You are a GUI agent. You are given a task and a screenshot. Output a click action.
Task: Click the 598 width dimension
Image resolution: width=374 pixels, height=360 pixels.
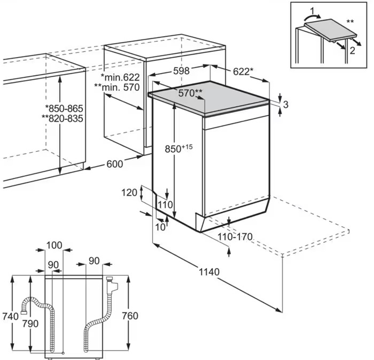[x=181, y=71]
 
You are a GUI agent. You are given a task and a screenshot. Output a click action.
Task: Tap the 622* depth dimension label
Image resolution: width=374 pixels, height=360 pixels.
[x=243, y=72]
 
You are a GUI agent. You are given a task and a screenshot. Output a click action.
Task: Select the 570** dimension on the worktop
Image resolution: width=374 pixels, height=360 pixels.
[x=190, y=93]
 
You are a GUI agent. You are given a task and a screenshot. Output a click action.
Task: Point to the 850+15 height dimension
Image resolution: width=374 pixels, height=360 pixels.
[x=179, y=148]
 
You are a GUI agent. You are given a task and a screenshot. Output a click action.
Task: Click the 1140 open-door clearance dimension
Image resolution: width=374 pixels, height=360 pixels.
[x=209, y=272]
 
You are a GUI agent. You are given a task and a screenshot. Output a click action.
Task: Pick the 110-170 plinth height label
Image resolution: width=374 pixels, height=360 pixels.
[x=235, y=237]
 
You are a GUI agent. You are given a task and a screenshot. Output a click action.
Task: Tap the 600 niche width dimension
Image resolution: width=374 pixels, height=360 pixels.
[x=115, y=164]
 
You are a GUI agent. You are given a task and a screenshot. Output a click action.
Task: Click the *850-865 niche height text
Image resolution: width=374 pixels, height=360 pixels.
[x=64, y=108]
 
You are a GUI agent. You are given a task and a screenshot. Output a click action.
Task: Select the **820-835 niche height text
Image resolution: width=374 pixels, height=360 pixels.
[x=62, y=118]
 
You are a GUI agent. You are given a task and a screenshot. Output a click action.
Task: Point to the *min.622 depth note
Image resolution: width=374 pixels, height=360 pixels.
[x=120, y=77]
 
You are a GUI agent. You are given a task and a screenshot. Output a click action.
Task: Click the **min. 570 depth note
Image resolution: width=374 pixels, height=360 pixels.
[x=117, y=88]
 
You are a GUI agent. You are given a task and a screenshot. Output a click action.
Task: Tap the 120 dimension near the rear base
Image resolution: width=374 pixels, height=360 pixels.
[x=129, y=193]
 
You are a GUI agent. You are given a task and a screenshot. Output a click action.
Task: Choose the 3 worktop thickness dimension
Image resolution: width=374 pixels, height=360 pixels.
[x=286, y=104]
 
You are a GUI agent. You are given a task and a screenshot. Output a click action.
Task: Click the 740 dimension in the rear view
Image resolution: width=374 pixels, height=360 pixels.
[x=10, y=316]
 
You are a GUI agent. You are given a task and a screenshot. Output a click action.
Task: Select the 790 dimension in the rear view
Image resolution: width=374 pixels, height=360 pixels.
[x=30, y=324]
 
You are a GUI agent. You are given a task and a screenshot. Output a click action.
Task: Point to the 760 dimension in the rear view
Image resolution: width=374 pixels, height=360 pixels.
[x=130, y=316]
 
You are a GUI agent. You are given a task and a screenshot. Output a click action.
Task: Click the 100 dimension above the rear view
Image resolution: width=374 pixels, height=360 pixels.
[x=55, y=245]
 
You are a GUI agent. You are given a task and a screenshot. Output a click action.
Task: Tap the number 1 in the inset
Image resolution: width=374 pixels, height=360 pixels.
[x=312, y=11]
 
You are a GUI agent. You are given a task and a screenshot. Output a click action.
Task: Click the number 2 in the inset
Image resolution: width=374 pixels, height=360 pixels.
[x=352, y=51]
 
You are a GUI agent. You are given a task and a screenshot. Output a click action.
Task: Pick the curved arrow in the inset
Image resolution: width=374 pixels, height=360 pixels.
[x=311, y=17]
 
